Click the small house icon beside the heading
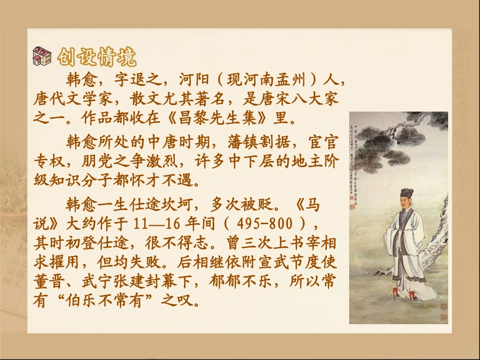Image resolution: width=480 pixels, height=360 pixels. [x=42, y=56]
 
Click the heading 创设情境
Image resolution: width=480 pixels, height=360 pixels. [x=97, y=57]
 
